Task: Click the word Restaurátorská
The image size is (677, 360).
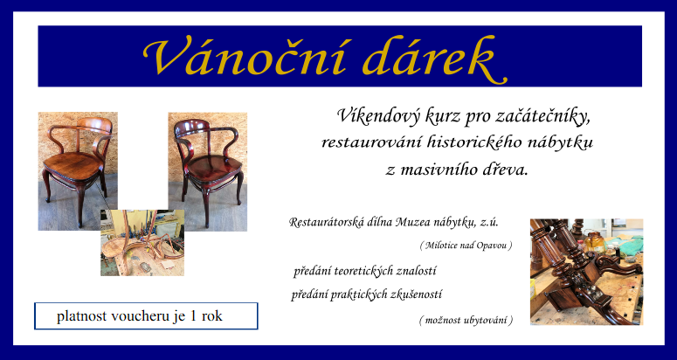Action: tap(327, 222)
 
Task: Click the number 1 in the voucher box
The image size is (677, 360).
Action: tap(193, 316)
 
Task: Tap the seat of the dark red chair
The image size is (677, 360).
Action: tap(214, 166)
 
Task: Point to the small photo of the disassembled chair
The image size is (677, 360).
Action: tap(142, 243)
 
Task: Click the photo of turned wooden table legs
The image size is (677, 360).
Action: tap(586, 272)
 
